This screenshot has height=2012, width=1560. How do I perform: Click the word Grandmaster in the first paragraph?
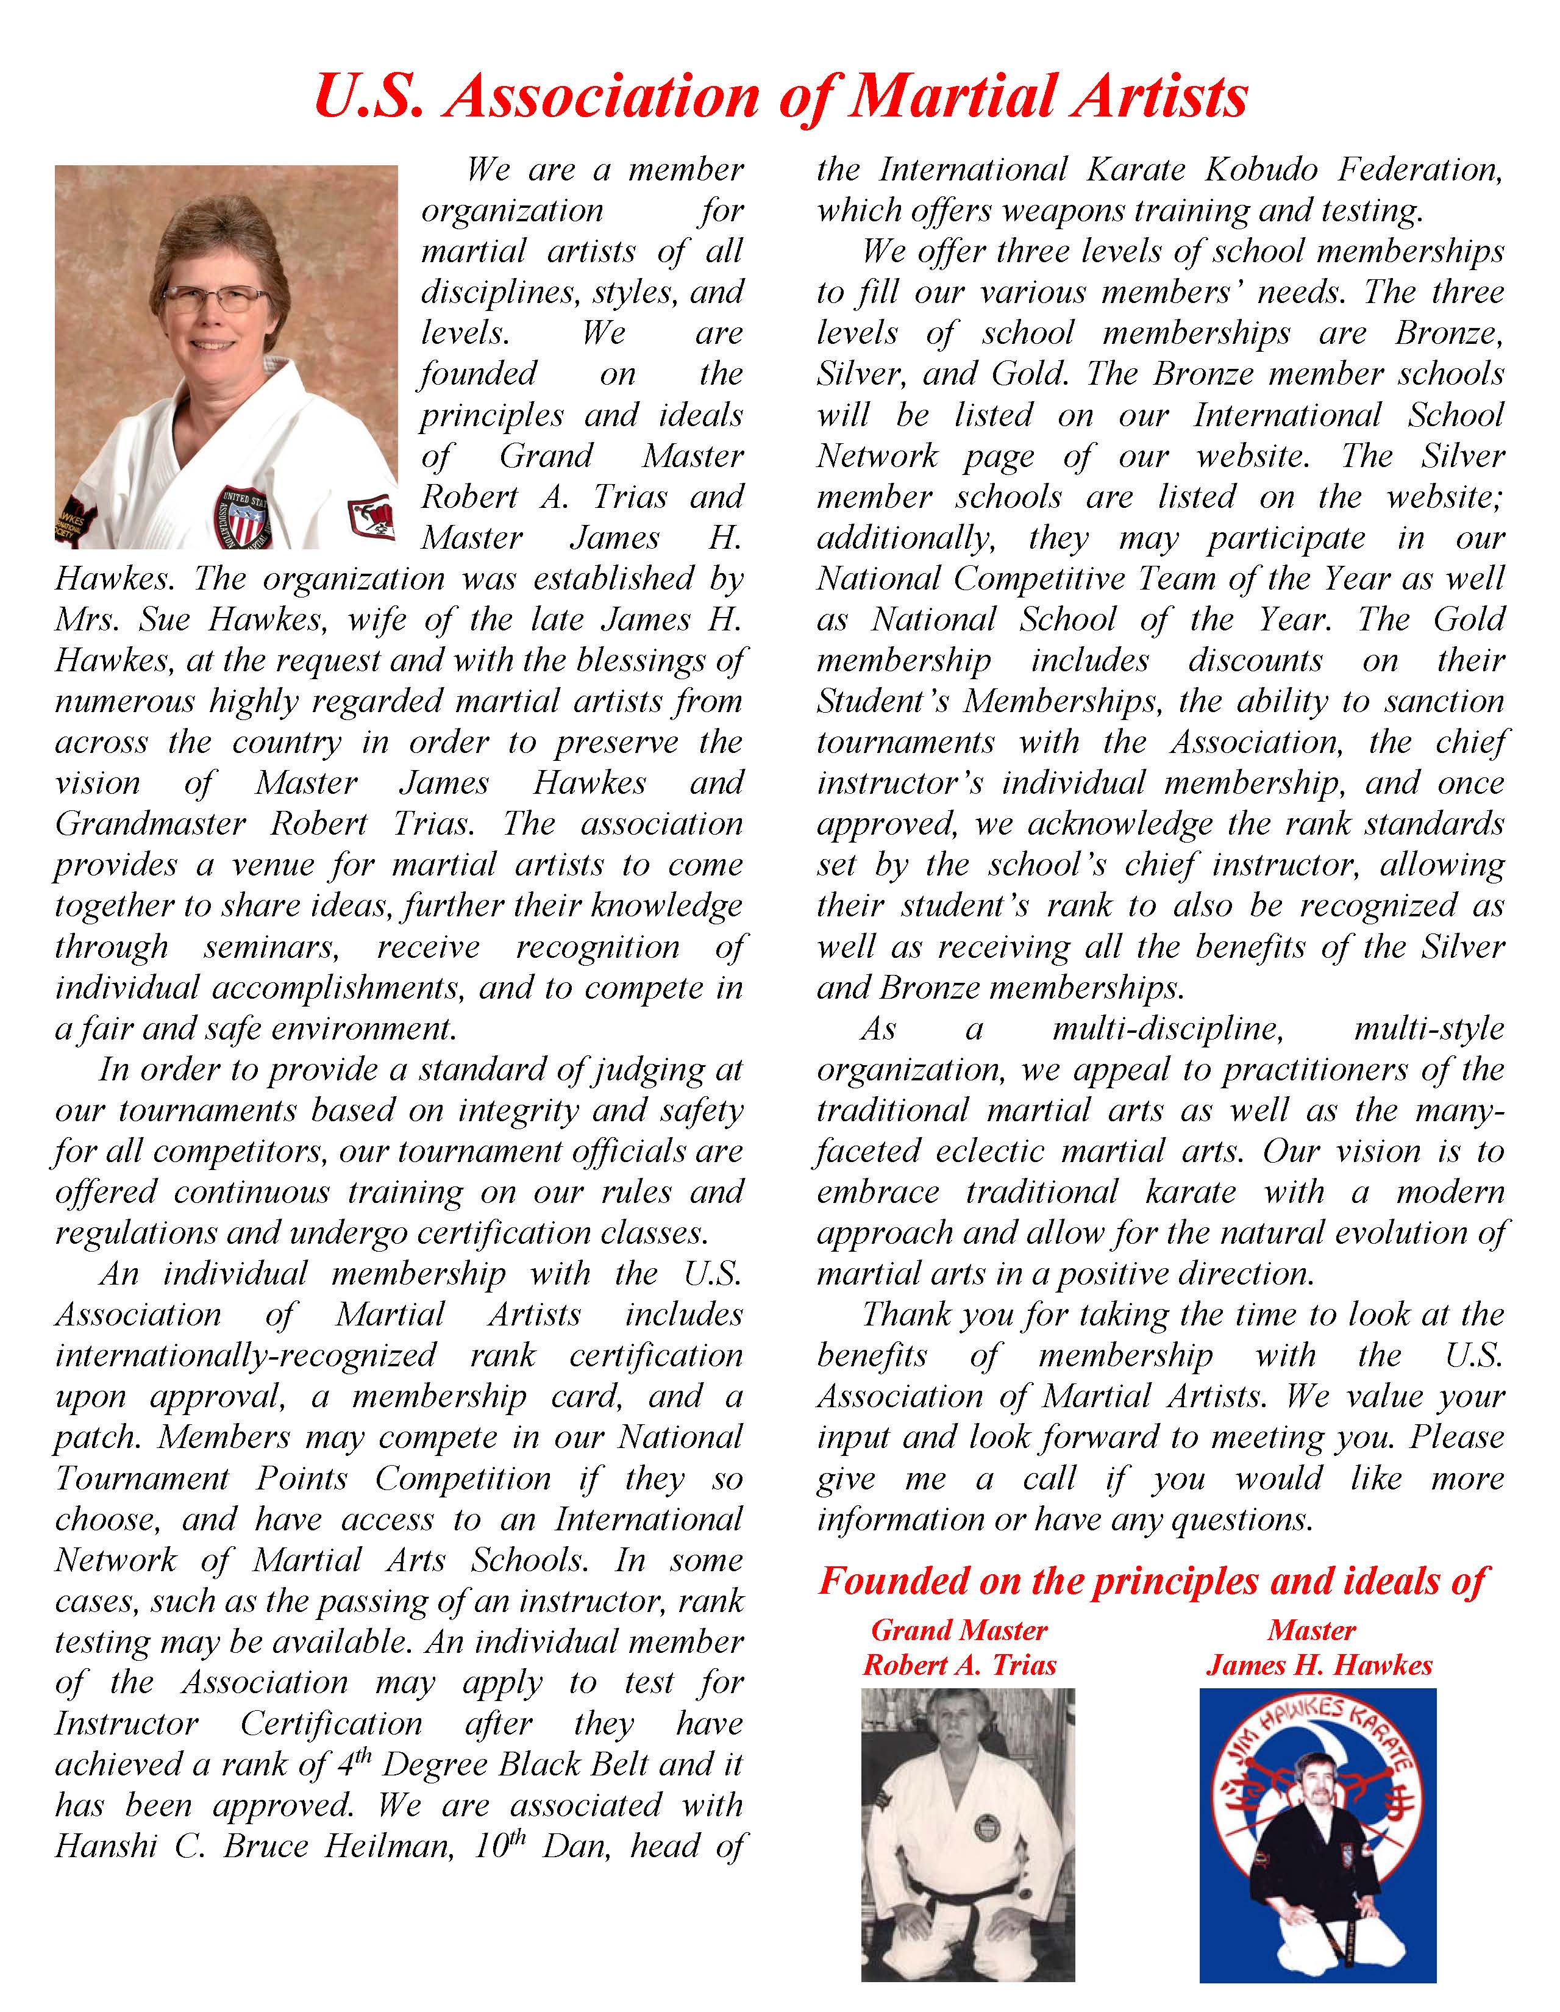(150, 824)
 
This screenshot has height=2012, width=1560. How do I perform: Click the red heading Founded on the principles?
(1151, 1581)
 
